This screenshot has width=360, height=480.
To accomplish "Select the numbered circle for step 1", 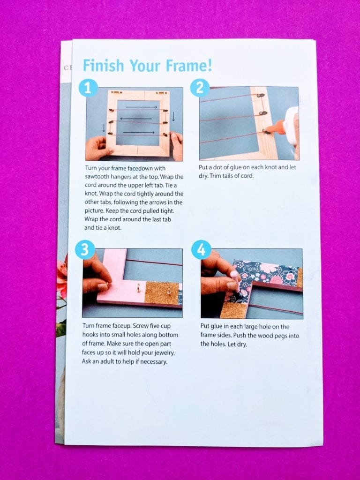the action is pos(88,89).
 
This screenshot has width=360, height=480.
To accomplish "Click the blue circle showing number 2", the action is pos(200,88).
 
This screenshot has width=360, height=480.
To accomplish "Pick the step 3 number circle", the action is pos(84,249).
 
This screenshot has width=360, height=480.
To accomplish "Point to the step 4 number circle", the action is pos(201,249).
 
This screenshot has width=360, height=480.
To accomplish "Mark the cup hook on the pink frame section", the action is pos(138,288).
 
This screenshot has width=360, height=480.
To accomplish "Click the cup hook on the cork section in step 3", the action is pos(169,288).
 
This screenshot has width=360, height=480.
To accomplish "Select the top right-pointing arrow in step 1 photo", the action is pos(142,107).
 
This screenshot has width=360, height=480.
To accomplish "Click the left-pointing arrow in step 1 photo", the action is pos(135,119).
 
